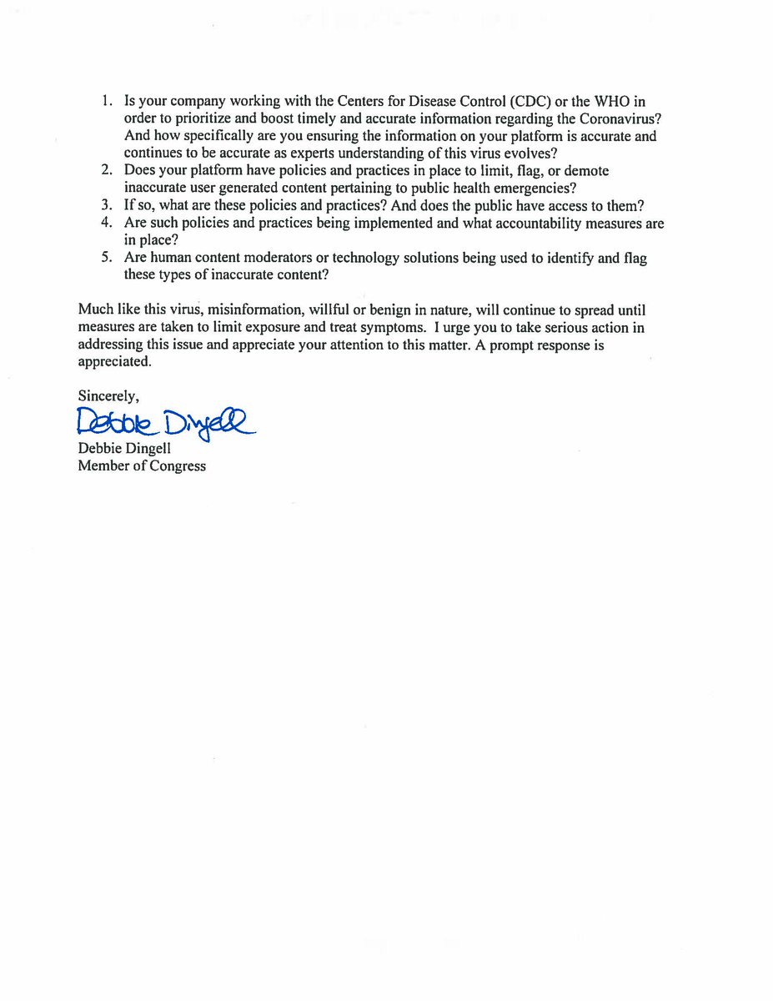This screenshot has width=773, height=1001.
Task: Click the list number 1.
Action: pyautogui.click(x=106, y=100)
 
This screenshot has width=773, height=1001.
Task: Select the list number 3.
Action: pyautogui.click(x=106, y=206)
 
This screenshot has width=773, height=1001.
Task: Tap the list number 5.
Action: pyautogui.click(x=106, y=258)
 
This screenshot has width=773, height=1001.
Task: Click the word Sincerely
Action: pyautogui.click(x=108, y=395)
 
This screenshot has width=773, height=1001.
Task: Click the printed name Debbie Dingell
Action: pyautogui.click(x=124, y=449)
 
